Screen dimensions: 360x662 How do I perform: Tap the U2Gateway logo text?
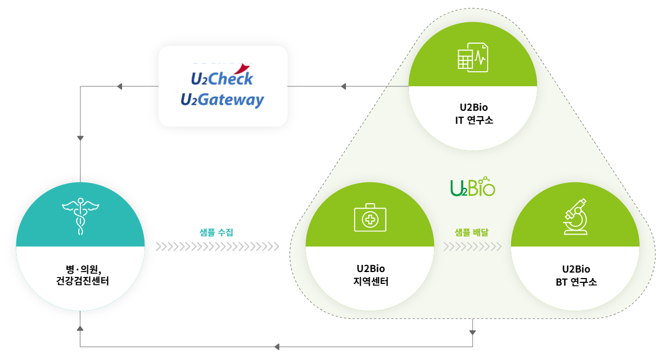point(222,100)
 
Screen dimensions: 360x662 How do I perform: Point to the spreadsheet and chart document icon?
point(472,58)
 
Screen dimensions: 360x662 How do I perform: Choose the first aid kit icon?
point(370,218)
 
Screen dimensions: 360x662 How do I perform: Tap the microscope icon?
point(576,218)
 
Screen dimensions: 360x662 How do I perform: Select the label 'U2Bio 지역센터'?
point(370,275)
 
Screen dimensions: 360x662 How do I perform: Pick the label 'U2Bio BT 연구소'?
point(576,276)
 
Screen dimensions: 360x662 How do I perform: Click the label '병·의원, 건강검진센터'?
point(80,275)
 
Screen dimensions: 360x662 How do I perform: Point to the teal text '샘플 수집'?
point(217,232)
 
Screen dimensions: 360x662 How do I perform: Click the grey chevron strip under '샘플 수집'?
point(217,247)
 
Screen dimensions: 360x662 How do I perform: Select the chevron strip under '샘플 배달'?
point(472,247)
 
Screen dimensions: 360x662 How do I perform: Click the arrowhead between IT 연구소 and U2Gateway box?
point(344,86)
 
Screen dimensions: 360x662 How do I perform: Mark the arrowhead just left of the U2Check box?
point(120,86)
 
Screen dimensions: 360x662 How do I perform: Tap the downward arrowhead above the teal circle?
point(80,138)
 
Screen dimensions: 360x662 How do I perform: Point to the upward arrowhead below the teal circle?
point(80,328)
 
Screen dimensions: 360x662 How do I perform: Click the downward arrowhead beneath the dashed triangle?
point(472,332)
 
